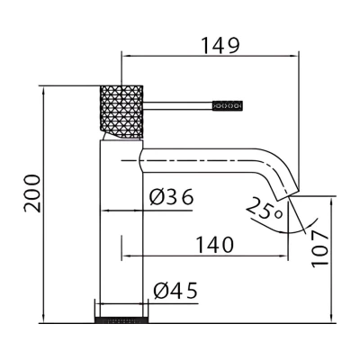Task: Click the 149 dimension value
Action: click(x=220, y=46)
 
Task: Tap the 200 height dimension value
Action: click(x=32, y=193)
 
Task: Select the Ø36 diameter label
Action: click(x=172, y=197)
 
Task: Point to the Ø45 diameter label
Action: click(x=175, y=291)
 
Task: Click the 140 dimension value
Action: click(x=215, y=245)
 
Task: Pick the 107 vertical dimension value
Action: click(x=319, y=249)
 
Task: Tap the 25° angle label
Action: click(x=265, y=209)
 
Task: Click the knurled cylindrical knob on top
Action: click(x=121, y=112)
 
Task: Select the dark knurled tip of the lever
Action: click(x=227, y=106)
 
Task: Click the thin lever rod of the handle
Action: click(x=177, y=106)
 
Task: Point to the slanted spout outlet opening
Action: click(x=288, y=195)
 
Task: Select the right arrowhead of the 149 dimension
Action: click(x=294, y=56)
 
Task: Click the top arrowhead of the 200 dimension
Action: click(x=44, y=91)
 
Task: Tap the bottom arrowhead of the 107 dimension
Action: click(x=331, y=319)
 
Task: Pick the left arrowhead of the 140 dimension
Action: click(x=126, y=256)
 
